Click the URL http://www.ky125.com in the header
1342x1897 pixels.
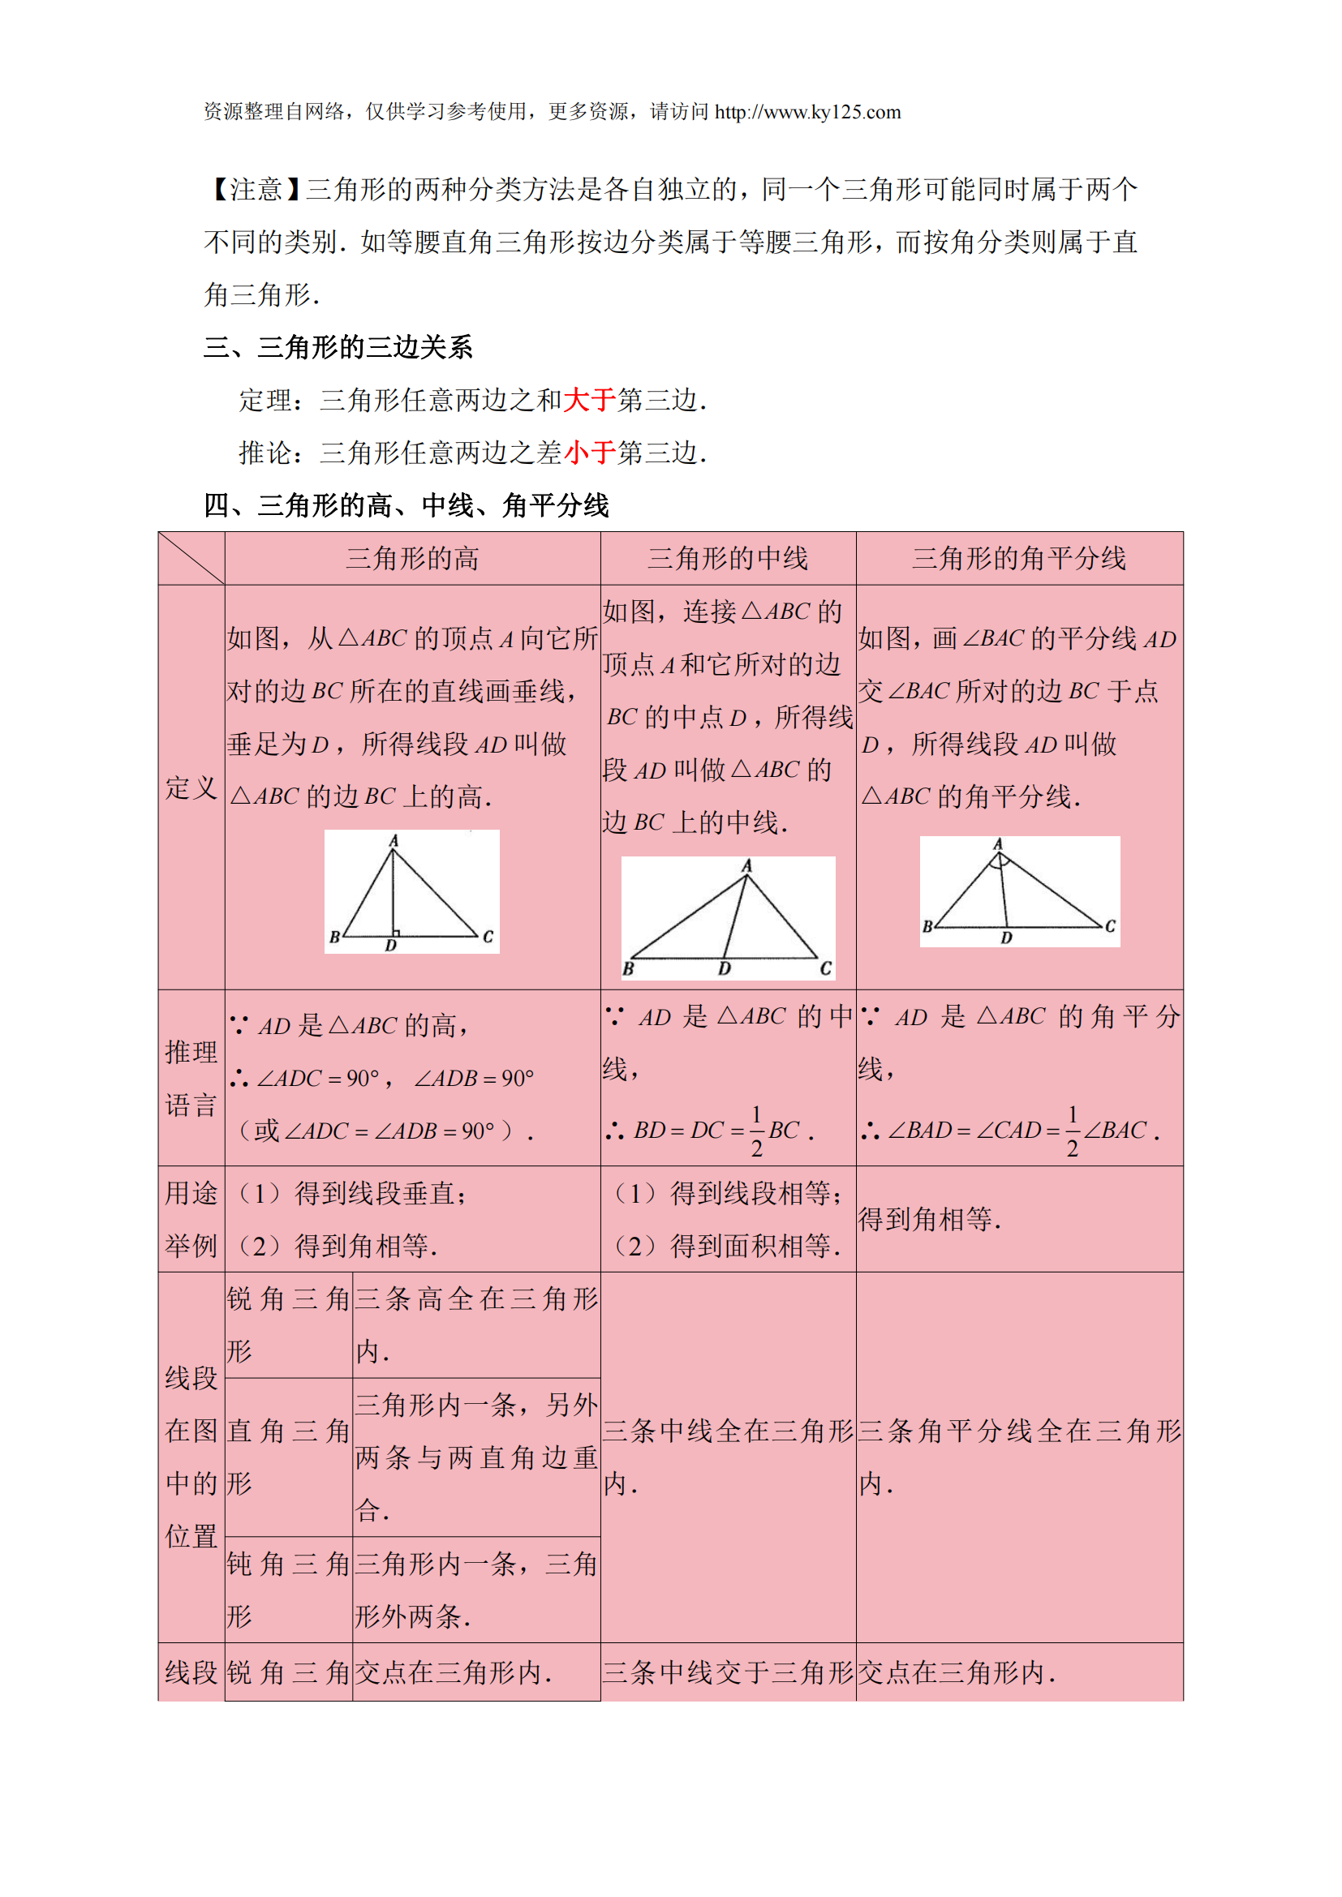807,113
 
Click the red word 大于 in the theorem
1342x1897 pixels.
589,401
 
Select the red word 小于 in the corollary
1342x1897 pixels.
589,453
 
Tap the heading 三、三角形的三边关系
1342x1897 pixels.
338,348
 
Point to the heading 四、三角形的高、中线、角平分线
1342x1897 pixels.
406,505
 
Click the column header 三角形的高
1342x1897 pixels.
412,560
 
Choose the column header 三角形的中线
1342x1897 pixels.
727,560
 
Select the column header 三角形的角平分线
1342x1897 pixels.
1018,560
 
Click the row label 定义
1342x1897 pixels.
191,788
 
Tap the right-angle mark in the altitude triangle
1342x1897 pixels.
396,932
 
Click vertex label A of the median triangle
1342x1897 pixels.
746,865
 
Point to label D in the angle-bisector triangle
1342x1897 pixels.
1005,938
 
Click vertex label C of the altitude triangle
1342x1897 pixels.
488,936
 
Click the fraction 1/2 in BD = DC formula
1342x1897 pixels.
756,1131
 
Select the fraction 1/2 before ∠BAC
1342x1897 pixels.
1072,1131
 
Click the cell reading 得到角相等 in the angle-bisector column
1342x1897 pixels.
929,1220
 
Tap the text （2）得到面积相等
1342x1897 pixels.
727,1246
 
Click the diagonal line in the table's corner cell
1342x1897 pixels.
191,559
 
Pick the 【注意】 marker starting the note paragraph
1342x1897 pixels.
255,190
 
